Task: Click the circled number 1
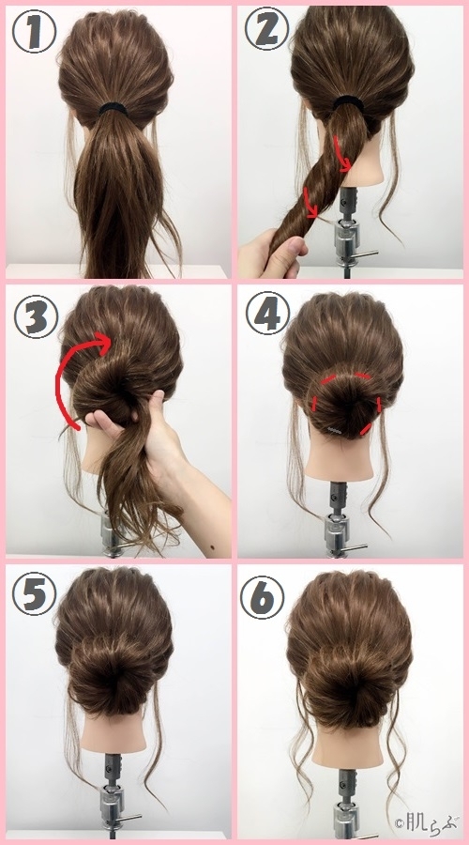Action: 34,31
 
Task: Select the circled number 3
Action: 36,317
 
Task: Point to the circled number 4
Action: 267,313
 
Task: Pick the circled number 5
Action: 34,594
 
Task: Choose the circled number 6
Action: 262,597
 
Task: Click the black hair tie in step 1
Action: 113,110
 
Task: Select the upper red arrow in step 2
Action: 340,155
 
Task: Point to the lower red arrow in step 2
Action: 310,203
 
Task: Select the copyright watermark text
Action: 427,823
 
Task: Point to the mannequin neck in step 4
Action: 340,458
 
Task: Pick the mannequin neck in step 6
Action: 349,746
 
